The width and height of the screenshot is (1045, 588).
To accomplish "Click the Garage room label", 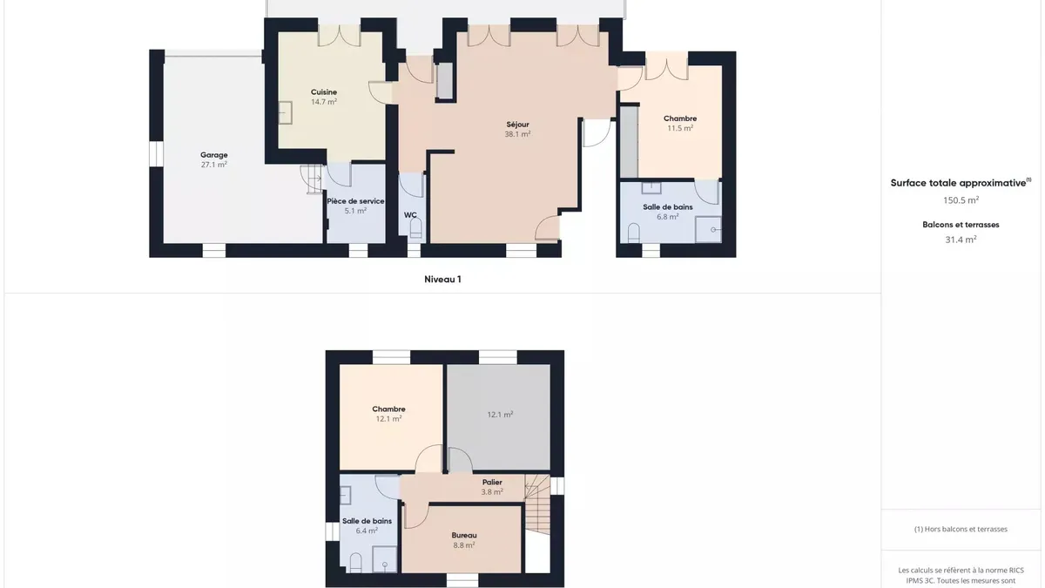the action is pyautogui.click(x=214, y=159).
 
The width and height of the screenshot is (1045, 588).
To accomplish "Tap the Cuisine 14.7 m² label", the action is pyautogui.click(x=324, y=97).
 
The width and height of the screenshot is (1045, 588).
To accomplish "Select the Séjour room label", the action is pyautogui.click(x=517, y=129).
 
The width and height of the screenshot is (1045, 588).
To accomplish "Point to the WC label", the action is pyautogui.click(x=410, y=215).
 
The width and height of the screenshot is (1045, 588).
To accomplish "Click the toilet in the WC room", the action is pyautogui.click(x=415, y=228).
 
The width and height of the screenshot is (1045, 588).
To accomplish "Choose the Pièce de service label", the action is pyautogui.click(x=355, y=201).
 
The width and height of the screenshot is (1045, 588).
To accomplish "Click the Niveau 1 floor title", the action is pyautogui.click(x=442, y=279).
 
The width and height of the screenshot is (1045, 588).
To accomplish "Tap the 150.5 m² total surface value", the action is pyautogui.click(x=961, y=199).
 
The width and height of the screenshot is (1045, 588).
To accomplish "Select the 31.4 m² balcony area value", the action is pyautogui.click(x=961, y=240).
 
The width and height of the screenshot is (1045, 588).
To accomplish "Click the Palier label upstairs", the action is pyautogui.click(x=492, y=482).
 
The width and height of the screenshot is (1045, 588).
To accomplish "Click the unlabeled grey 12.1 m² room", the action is pyautogui.click(x=499, y=416).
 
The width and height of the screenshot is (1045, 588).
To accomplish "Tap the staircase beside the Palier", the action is pyautogui.click(x=537, y=504).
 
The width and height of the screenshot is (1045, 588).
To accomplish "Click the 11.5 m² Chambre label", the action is pyautogui.click(x=680, y=123).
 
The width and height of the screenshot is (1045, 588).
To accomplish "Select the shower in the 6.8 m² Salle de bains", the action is pyautogui.click(x=708, y=230).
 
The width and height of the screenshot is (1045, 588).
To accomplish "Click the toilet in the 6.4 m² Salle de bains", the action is pyautogui.click(x=355, y=563).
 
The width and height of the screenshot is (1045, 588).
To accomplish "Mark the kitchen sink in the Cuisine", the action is pyautogui.click(x=285, y=112).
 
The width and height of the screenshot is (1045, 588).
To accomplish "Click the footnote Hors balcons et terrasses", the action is pyautogui.click(x=961, y=529).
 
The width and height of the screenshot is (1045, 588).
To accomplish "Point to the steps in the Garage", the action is pyautogui.click(x=312, y=179).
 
